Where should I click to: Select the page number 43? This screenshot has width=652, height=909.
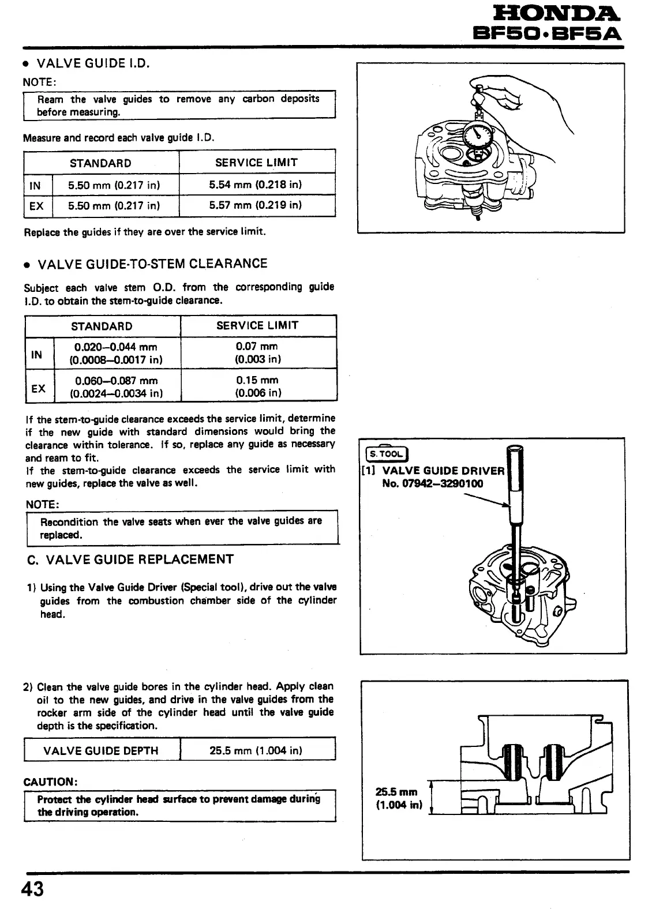tap(32, 889)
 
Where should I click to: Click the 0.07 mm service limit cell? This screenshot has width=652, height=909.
tap(257, 352)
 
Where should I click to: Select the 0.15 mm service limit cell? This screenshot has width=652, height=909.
tap(257, 386)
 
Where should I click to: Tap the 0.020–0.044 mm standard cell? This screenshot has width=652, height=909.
tap(116, 353)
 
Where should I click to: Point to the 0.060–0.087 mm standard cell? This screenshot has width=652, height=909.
tap(116, 386)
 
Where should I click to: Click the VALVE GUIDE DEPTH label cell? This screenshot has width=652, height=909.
tap(101, 750)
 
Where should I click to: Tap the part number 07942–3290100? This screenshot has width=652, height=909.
tap(432, 483)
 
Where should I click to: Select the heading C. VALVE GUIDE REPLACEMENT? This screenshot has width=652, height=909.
tap(131, 559)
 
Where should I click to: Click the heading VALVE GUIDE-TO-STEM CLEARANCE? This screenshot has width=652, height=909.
tap(152, 264)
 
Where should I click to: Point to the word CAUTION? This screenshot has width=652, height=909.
tap(51, 782)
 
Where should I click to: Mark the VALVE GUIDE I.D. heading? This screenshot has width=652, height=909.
tap(93, 63)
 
